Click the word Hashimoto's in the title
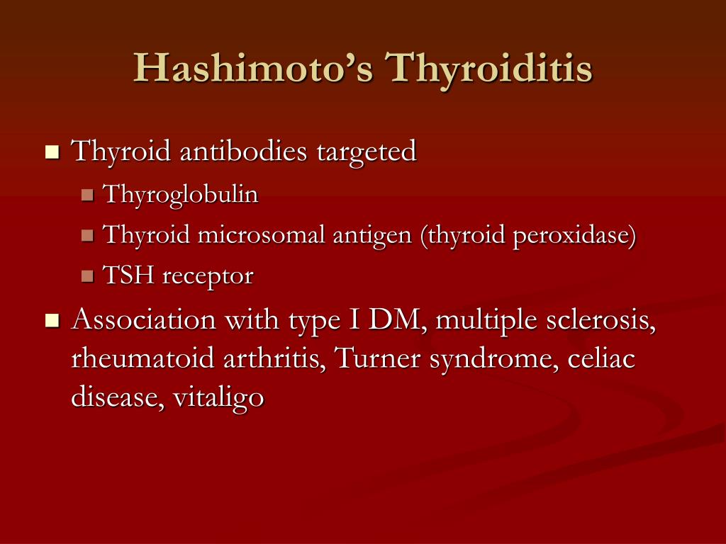(x=252, y=69)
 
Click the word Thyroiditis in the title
(x=488, y=69)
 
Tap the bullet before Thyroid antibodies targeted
(x=52, y=152)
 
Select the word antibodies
(x=242, y=151)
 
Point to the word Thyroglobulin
(x=181, y=195)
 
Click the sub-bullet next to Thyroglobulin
(x=88, y=195)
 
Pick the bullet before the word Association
(x=52, y=321)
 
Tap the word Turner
(x=374, y=359)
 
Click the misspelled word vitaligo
(x=220, y=398)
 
